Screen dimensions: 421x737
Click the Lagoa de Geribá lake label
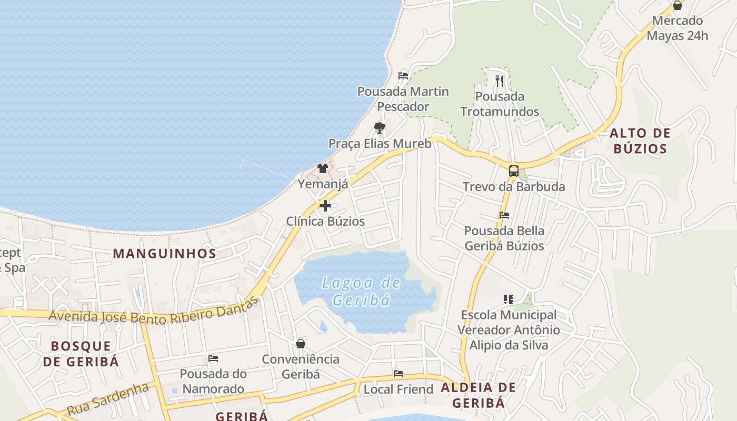coord(361,291)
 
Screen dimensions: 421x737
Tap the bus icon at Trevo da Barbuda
coord(513,171)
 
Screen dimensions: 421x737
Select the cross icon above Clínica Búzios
coord(325,206)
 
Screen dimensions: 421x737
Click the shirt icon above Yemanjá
coord(323,168)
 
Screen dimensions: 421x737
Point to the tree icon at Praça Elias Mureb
coord(379,127)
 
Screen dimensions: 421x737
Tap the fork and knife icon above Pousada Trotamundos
coord(500,81)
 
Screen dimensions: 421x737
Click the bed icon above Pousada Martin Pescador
coord(403,75)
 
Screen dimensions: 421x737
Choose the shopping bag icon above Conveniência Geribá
coord(301,344)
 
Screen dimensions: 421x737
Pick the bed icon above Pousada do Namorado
coord(213,358)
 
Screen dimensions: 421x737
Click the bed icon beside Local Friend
coord(399,374)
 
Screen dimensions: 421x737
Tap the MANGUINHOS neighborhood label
coord(165,254)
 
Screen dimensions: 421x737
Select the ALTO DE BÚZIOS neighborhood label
coord(640,141)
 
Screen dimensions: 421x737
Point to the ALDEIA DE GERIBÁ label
coord(479,395)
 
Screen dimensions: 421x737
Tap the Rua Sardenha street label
coord(108,399)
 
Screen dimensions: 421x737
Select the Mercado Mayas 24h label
coord(678,28)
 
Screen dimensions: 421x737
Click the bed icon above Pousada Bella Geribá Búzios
coord(504,215)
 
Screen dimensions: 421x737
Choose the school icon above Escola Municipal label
coord(508,299)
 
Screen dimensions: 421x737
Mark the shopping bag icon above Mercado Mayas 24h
coord(678,5)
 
